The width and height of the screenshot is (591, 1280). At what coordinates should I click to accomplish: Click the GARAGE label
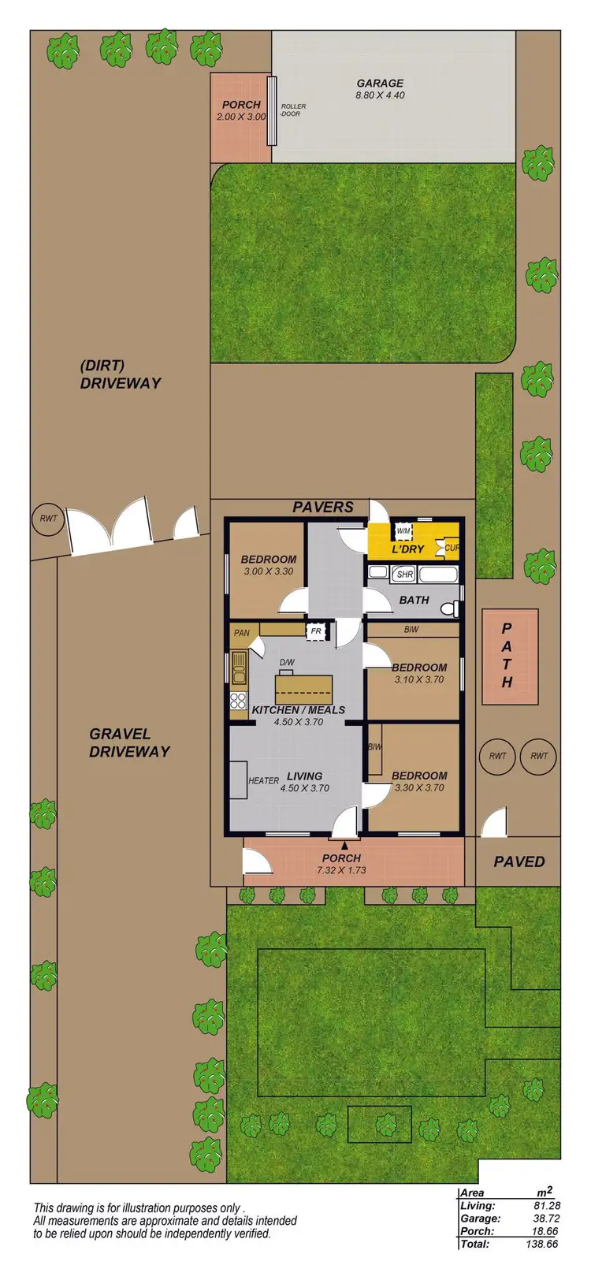[x=380, y=83]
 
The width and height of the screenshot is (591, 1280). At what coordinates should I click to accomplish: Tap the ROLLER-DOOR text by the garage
[x=292, y=110]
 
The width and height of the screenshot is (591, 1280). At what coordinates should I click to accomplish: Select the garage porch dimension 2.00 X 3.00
[x=241, y=117]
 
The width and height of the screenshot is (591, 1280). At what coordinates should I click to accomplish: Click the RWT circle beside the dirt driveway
[x=43, y=519]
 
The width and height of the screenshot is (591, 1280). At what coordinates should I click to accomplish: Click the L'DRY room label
[x=408, y=549]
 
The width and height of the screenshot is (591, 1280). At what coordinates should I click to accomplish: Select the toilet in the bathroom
[x=450, y=609]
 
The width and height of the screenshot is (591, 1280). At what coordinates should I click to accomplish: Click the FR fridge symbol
[x=316, y=631]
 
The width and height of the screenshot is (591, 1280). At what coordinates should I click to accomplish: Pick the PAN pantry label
[x=242, y=632]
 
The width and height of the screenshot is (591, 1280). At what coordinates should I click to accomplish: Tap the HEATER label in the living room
[x=264, y=781]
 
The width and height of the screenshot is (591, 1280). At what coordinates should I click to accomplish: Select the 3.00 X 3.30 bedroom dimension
[x=269, y=571]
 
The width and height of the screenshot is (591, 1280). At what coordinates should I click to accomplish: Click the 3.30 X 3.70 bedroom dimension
[x=418, y=787]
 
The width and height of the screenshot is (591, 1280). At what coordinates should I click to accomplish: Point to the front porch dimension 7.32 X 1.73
[x=342, y=871]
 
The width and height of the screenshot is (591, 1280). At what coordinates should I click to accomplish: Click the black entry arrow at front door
[x=344, y=846]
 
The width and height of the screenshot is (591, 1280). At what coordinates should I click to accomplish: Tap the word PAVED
[x=519, y=861]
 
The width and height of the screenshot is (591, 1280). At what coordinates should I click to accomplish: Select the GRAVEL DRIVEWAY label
[x=129, y=742]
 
